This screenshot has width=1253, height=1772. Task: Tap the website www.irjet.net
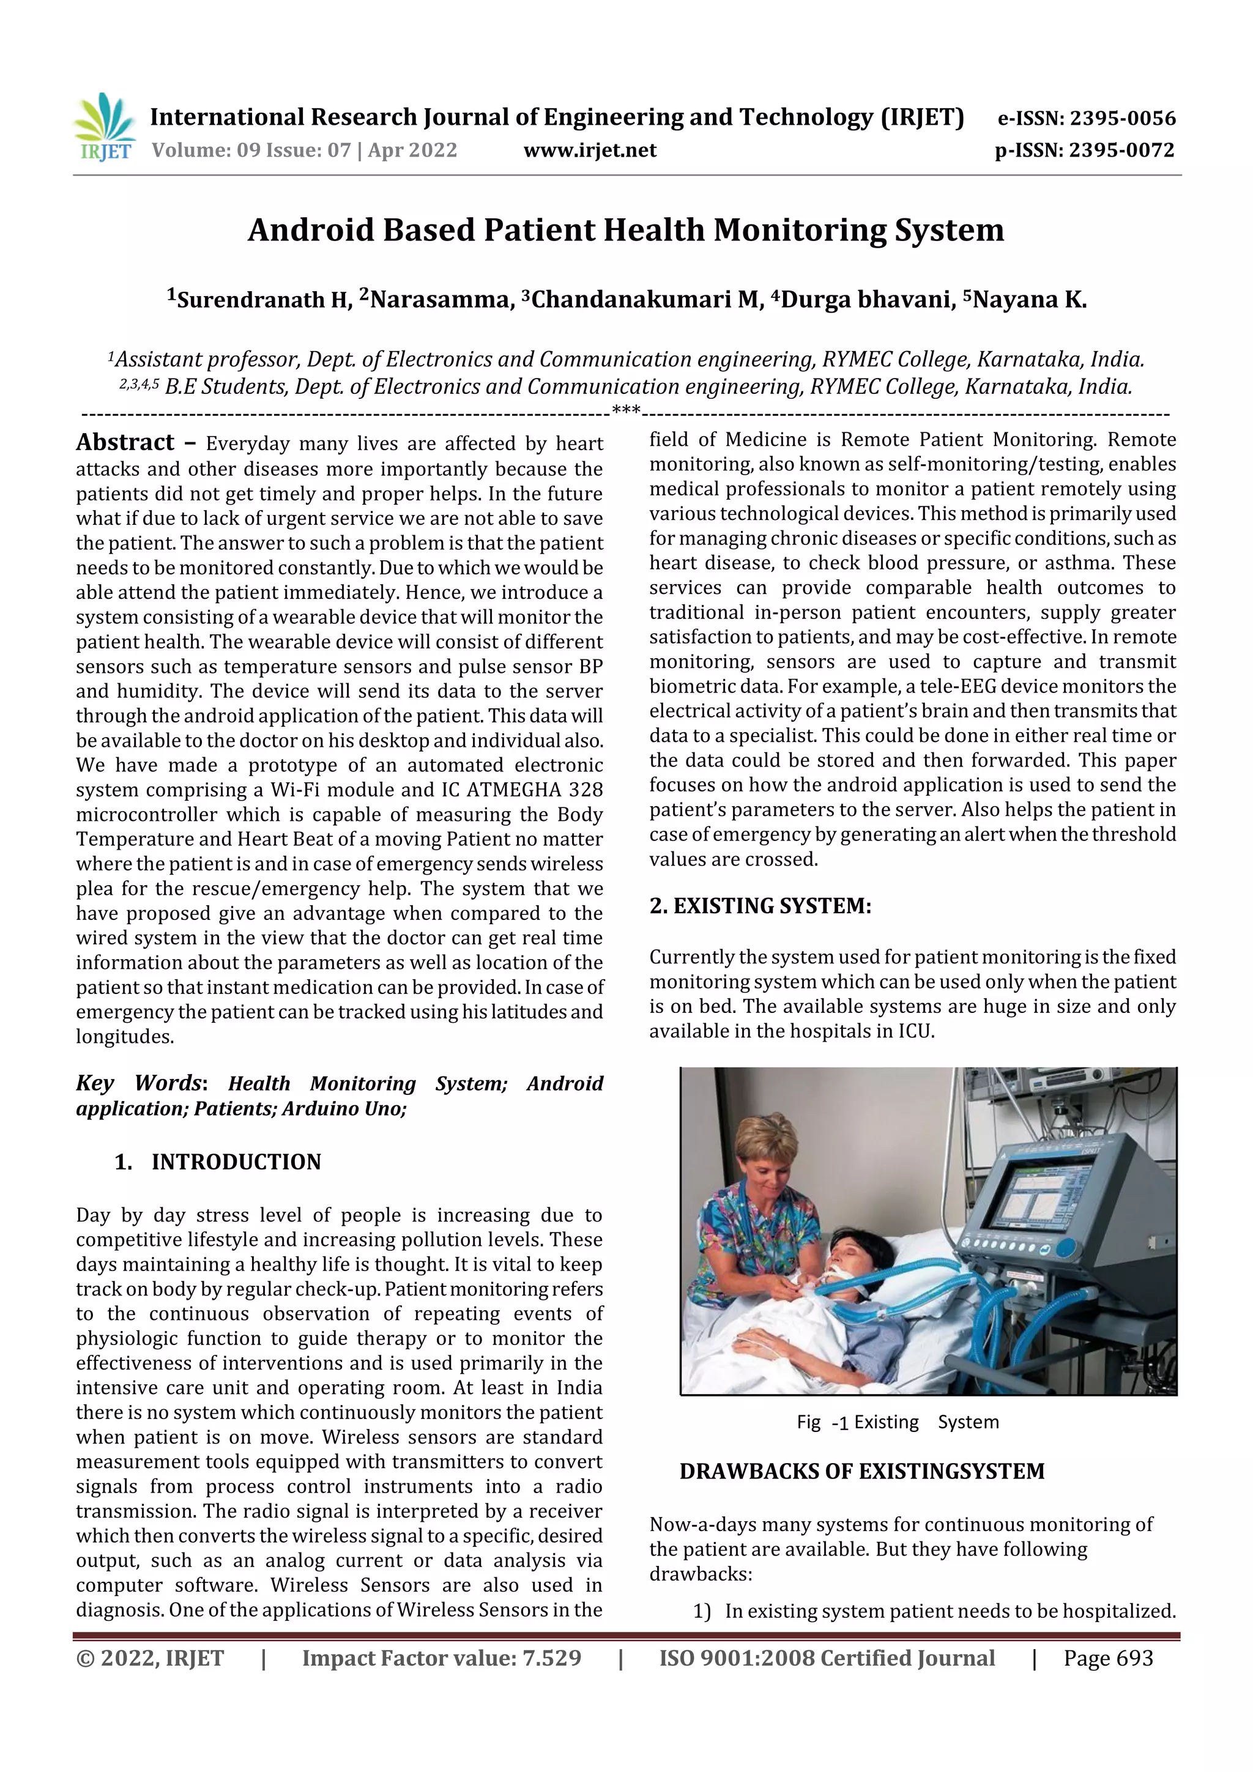(590, 150)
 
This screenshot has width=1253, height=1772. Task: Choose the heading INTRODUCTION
(236, 1162)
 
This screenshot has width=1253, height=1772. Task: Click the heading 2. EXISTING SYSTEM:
(760, 905)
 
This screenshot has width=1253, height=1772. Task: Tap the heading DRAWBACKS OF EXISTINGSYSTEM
(861, 1471)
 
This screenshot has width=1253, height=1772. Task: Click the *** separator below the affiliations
(625, 410)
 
